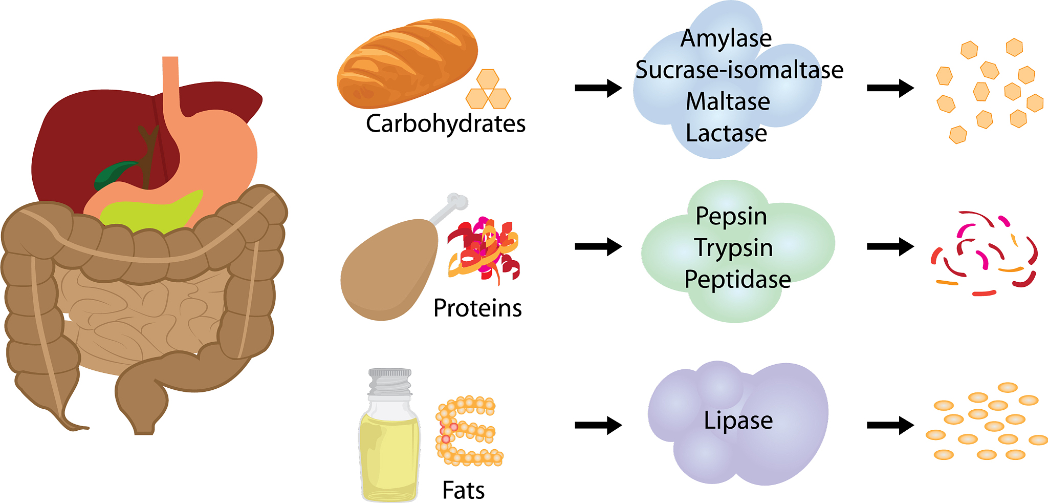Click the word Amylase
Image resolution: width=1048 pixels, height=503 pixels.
(x=726, y=38)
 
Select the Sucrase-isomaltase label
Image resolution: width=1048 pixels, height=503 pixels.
(x=739, y=70)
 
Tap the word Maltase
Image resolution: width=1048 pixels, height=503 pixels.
(x=728, y=101)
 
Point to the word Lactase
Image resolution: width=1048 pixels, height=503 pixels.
(x=726, y=133)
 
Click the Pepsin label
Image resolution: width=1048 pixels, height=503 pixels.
(x=731, y=216)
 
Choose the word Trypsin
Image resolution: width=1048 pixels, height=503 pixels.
(x=733, y=248)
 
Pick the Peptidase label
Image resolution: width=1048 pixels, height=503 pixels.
(x=737, y=280)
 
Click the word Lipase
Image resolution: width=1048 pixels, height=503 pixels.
(x=738, y=421)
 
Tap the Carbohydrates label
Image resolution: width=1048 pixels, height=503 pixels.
(x=446, y=124)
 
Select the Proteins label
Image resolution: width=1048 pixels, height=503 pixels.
(x=477, y=308)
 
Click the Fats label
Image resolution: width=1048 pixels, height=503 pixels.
(x=463, y=490)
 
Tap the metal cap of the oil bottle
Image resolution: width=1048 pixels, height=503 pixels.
(x=390, y=381)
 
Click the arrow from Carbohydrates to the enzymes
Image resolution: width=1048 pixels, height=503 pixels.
(x=598, y=88)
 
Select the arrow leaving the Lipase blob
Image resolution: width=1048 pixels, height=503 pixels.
(x=890, y=425)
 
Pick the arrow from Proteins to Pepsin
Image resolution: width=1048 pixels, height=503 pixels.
(x=598, y=246)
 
